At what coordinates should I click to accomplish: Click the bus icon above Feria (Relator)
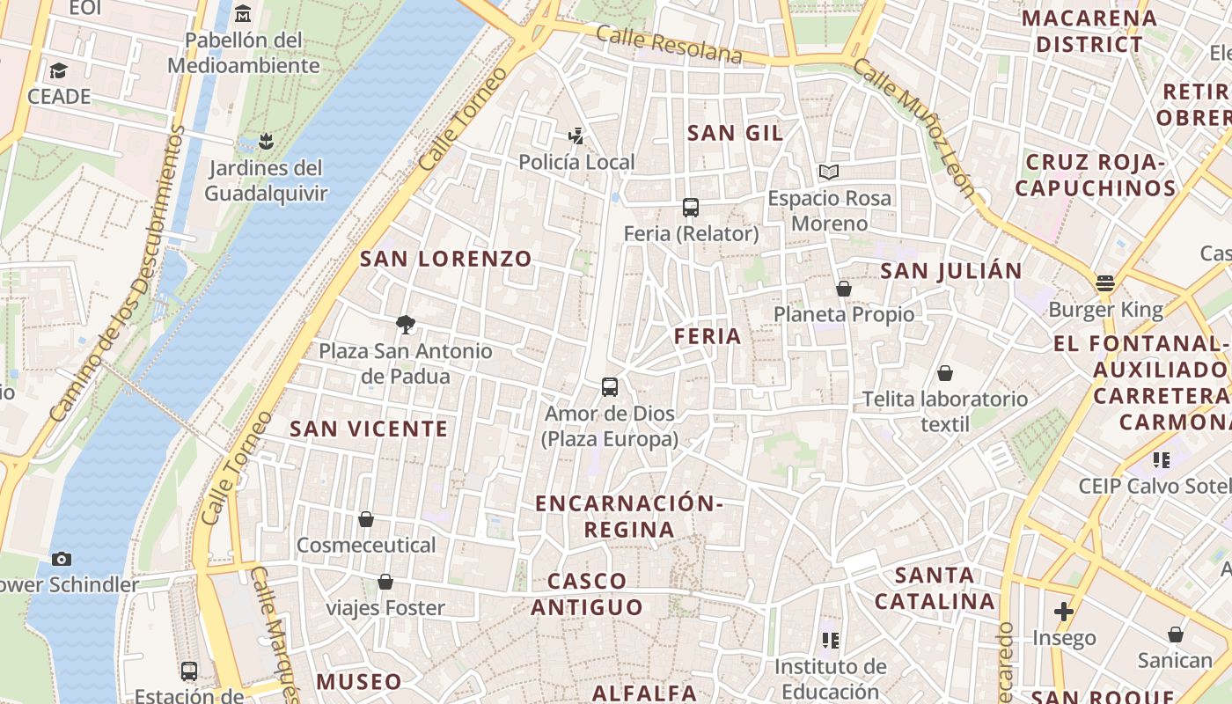coord(691,208)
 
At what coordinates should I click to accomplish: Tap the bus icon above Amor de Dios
coord(609,386)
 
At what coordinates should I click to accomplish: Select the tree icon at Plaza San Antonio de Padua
coord(406,325)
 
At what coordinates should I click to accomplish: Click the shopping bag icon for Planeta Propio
coord(844,289)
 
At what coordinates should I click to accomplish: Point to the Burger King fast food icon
coord(1105,283)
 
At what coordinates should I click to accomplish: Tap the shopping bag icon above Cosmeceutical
coord(366,519)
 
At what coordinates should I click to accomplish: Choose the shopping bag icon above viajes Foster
coord(385,582)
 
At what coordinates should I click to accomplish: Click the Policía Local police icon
coord(576,136)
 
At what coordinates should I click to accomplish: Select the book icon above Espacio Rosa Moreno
coord(828,172)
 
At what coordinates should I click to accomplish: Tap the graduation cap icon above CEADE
coord(59,70)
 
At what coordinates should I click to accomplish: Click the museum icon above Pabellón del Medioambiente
coord(243,14)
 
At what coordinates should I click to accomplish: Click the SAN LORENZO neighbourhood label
coord(446,259)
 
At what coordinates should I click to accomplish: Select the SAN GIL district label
coord(735,133)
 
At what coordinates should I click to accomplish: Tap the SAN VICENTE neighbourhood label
coord(370,429)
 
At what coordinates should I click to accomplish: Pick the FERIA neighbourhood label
coord(708,336)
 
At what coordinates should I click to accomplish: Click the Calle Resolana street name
coord(670,45)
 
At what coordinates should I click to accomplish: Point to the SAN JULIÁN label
coord(951,271)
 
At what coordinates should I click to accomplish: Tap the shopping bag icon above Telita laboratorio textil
coord(945,373)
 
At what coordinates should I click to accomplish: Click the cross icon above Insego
coord(1064,611)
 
